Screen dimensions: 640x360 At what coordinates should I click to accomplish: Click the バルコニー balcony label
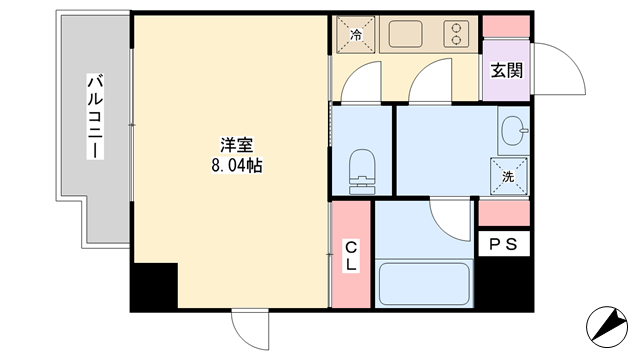tap(95, 116)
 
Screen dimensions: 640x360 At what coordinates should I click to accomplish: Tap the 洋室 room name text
tap(237, 145)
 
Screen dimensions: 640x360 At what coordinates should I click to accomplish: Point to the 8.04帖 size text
tap(237, 165)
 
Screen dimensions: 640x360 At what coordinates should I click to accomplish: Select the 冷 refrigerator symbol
tap(356, 35)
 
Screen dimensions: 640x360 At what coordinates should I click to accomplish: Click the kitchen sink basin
tap(405, 34)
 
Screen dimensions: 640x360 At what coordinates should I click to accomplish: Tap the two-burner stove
tap(456, 34)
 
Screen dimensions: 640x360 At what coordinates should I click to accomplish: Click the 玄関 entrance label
tap(507, 71)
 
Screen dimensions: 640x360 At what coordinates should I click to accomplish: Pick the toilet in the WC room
tap(362, 171)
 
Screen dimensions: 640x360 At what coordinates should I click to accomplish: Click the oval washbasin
tap(513, 131)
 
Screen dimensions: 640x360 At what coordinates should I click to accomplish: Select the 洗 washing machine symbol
tap(509, 176)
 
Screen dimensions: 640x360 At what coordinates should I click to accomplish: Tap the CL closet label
tap(351, 256)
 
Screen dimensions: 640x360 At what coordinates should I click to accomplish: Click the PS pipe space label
tap(504, 244)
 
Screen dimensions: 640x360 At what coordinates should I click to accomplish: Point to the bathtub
tap(424, 284)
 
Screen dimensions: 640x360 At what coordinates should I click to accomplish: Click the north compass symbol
tap(607, 327)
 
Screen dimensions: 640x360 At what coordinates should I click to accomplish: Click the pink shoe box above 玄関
tap(506, 27)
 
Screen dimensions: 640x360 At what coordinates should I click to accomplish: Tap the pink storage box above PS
tap(504, 213)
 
